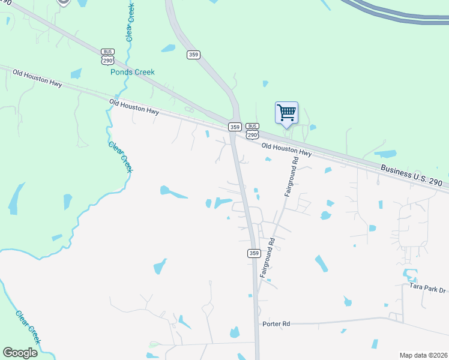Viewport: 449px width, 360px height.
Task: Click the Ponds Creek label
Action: click(132, 72)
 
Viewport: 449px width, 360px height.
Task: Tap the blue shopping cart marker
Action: click(286, 113)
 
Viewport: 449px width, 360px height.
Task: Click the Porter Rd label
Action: click(276, 324)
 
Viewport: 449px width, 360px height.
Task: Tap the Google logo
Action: click(20, 352)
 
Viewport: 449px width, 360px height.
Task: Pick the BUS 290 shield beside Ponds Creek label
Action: click(107, 57)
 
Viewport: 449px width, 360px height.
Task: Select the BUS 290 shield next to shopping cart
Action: click(253, 131)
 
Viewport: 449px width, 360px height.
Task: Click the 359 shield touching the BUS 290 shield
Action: click(235, 127)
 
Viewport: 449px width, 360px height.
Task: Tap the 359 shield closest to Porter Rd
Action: click(253, 253)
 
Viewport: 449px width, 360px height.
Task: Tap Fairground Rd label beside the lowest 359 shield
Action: click(267, 258)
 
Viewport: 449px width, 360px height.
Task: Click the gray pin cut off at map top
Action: click(63, 2)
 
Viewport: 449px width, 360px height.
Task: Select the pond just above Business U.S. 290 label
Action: click(385, 154)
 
